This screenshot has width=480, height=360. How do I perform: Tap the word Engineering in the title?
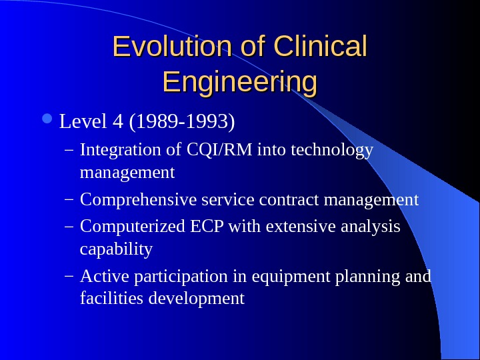click(x=239, y=83)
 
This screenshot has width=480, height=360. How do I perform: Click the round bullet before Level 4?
click(x=52, y=121)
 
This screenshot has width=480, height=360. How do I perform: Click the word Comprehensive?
click(x=136, y=200)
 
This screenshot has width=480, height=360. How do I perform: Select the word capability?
click(x=116, y=249)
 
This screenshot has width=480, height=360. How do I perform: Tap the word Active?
click(x=97, y=276)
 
